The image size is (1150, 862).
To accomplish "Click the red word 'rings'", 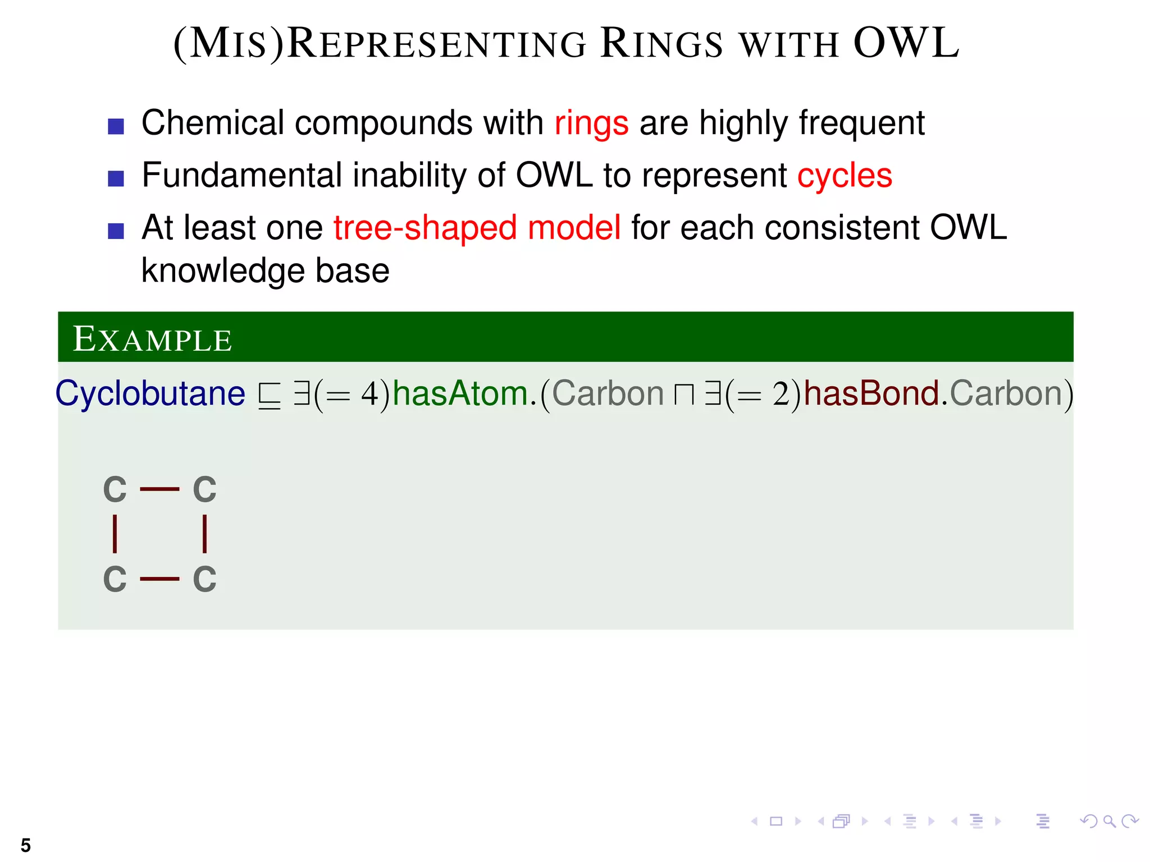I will [x=591, y=123].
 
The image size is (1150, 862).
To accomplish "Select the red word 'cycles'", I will [x=845, y=176].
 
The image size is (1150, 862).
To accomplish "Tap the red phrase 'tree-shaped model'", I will [x=477, y=228].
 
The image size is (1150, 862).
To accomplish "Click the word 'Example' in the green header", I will [x=152, y=340].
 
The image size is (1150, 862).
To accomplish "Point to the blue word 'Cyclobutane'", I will [x=150, y=393].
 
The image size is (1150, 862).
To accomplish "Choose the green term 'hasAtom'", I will [x=460, y=393].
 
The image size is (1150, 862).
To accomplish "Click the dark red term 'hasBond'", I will [x=871, y=393].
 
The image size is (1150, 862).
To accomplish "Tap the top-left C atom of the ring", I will [x=115, y=489].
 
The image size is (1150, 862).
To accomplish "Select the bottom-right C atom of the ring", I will [x=204, y=579].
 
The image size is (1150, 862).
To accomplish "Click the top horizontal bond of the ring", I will [x=159, y=489].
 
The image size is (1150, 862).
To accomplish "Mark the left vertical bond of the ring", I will [x=115, y=534].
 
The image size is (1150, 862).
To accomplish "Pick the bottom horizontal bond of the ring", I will [x=159, y=579].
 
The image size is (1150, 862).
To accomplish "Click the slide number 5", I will [x=26, y=845].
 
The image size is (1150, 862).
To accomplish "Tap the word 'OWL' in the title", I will [x=906, y=43].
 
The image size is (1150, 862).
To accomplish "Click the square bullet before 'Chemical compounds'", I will [x=116, y=126].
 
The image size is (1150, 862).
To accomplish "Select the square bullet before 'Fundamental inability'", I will [x=116, y=178].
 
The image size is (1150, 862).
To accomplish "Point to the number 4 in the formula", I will [x=369, y=393].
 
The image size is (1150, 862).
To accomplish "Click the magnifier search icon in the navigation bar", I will [x=1109, y=822].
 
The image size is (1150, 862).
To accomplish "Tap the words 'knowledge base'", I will [x=265, y=271].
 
